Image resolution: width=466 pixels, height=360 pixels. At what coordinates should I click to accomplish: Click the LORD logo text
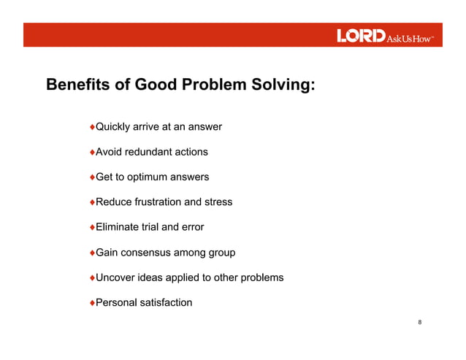pos(360,36)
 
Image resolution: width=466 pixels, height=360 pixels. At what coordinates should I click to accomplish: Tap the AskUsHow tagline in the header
pos(410,37)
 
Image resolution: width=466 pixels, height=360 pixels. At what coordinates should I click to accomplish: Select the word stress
pos(218,202)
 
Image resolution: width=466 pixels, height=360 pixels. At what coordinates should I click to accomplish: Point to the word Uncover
pos(117,277)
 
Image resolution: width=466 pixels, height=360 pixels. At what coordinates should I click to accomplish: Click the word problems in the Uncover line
pos(261,277)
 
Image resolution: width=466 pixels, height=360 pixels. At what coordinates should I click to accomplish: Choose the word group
pos(221,252)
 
